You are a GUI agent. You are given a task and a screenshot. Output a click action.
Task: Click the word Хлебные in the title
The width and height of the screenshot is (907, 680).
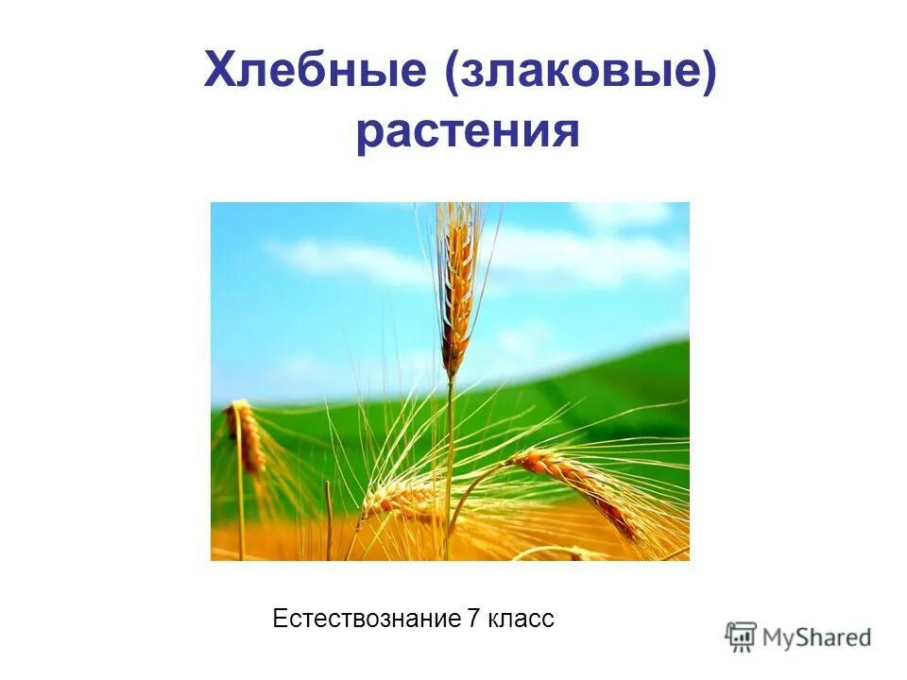(315, 73)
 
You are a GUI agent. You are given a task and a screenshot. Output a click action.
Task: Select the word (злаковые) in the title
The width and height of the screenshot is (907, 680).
(582, 73)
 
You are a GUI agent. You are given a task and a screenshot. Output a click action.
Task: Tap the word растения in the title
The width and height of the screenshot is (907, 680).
(467, 132)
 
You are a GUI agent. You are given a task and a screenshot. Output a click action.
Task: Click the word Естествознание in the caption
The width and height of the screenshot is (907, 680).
(366, 620)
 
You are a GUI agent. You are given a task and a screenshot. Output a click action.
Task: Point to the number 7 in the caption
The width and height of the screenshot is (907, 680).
(473, 620)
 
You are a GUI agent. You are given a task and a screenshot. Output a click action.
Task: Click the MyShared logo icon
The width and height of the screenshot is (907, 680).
(741, 637)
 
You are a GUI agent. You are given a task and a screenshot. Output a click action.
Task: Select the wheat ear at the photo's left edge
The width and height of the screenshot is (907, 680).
(248, 436)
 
